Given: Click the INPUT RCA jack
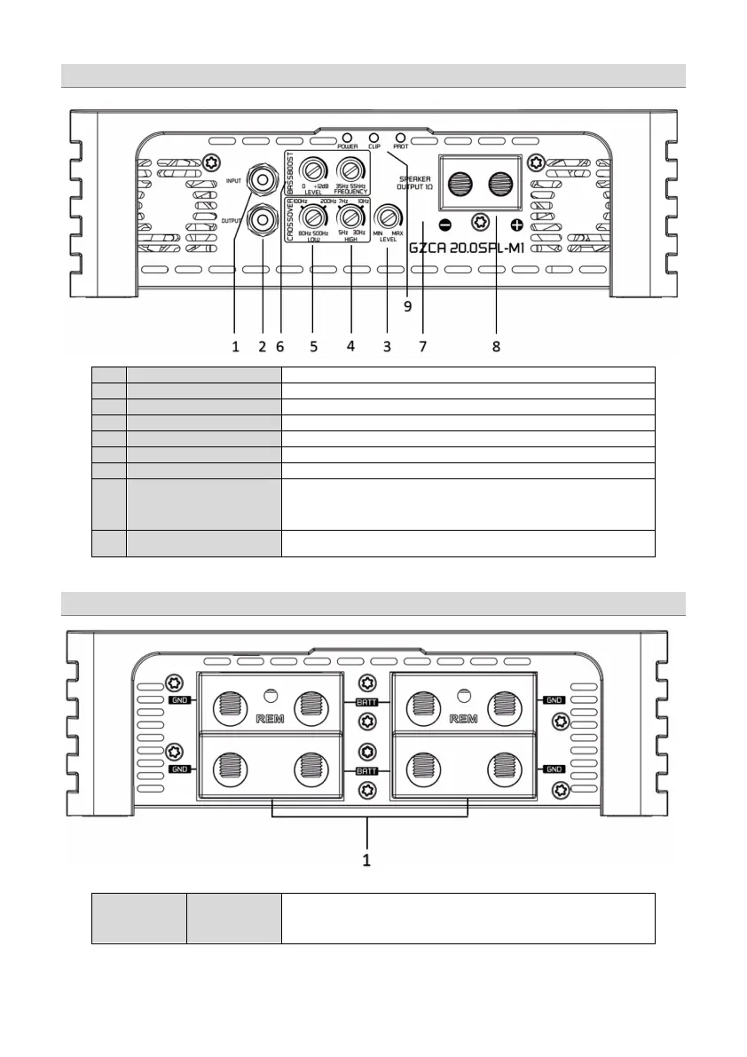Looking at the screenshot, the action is [x=263, y=180].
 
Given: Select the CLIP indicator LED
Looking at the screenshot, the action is [x=373, y=138].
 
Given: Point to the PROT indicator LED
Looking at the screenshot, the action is [x=401, y=138].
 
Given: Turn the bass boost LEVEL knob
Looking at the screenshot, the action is [x=313, y=170].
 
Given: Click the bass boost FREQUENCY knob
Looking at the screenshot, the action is [x=351, y=170].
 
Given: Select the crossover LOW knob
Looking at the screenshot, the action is [x=313, y=217].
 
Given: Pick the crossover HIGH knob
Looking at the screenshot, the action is [x=351, y=217].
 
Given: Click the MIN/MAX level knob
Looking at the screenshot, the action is [x=388, y=217].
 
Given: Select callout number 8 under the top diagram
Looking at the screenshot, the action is [x=496, y=347].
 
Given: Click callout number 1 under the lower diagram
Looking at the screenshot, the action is [x=366, y=859].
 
